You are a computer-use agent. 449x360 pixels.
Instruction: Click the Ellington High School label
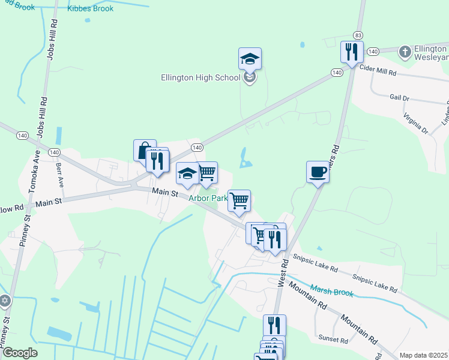(200, 77)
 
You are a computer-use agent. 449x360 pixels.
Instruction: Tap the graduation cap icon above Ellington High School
(250, 59)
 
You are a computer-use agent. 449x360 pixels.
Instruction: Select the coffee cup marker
(318, 172)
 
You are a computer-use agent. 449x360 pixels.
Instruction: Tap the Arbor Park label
(208, 197)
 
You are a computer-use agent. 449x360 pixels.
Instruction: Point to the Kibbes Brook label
(90, 8)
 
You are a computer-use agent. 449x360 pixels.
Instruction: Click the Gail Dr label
(399, 97)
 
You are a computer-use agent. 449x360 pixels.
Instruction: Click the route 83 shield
(358, 36)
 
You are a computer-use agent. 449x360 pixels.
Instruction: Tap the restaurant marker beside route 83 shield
(351, 52)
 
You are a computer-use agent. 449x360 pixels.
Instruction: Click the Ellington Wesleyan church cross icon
(406, 52)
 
